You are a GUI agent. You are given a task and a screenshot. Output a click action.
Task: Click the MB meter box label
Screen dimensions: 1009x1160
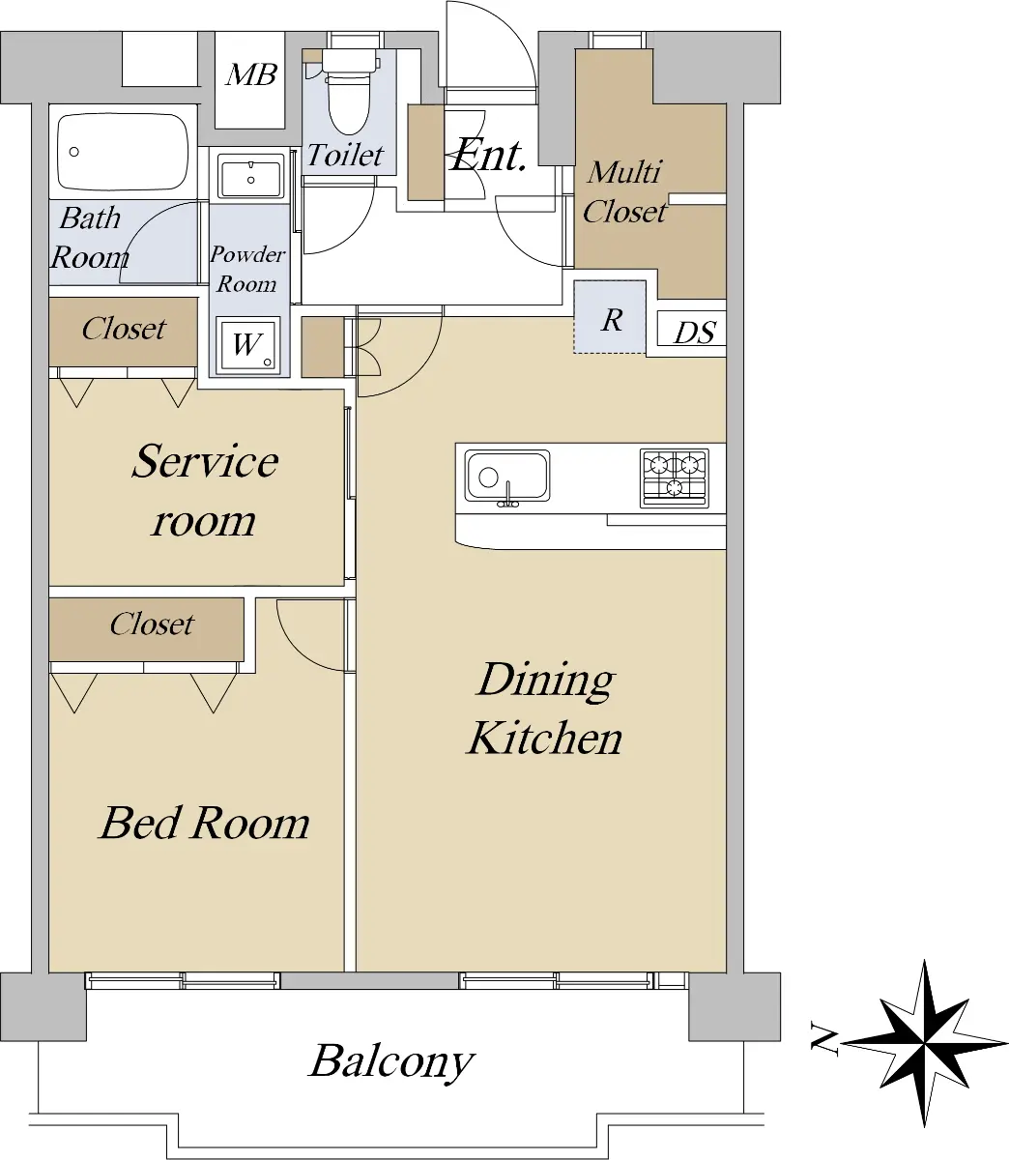pyautogui.click(x=251, y=74)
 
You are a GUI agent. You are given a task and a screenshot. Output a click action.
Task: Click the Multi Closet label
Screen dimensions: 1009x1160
pyautogui.click(x=624, y=192)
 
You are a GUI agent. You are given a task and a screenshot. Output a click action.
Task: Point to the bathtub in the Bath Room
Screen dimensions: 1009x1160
pyautogui.click(x=123, y=153)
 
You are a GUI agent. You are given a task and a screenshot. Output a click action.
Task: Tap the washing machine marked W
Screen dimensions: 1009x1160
pyautogui.click(x=247, y=346)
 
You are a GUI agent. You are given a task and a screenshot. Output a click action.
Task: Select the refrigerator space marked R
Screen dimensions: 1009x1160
pyautogui.click(x=610, y=318)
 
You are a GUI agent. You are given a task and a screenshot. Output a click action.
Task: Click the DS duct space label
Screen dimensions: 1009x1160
pyautogui.click(x=694, y=333)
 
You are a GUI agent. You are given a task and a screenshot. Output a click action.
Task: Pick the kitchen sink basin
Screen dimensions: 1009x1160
pyautogui.click(x=507, y=477)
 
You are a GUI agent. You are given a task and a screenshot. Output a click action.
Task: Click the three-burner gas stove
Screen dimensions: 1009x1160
pyautogui.click(x=675, y=478)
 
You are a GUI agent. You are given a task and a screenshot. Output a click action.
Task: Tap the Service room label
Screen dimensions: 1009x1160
pyautogui.click(x=204, y=490)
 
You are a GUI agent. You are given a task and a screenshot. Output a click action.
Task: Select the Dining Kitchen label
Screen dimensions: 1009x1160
pyautogui.click(x=544, y=709)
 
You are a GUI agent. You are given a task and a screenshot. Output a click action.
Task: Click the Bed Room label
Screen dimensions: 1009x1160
pyautogui.click(x=205, y=823)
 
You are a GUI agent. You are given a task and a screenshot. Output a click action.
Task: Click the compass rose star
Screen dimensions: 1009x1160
pyautogui.click(x=925, y=1043)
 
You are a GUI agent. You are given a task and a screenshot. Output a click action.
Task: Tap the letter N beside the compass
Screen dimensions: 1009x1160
pyautogui.click(x=824, y=1040)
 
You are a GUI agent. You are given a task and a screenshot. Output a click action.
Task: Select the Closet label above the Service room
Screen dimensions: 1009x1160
pyautogui.click(x=124, y=329)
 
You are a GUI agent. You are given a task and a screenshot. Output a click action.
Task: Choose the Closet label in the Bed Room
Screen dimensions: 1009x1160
pyautogui.click(x=152, y=624)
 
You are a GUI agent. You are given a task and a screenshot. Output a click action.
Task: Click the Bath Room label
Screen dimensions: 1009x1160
pyautogui.click(x=90, y=238)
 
